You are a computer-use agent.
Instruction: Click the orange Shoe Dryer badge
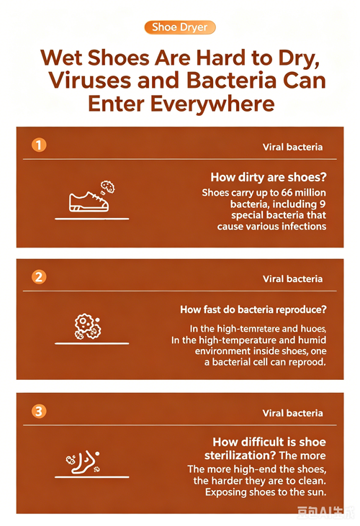(180, 27)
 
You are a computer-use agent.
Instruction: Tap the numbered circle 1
(39, 145)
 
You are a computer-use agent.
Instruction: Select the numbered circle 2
(39, 277)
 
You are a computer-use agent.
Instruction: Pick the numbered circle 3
(39, 411)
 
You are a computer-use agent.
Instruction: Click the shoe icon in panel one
(89, 201)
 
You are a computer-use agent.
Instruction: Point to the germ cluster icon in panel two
(87, 326)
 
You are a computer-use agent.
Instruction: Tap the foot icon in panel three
(84, 462)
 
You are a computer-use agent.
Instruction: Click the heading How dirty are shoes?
(269, 177)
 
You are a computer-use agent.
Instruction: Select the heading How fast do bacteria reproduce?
(253, 309)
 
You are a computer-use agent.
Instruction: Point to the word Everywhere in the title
(212, 104)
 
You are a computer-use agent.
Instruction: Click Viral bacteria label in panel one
(292, 147)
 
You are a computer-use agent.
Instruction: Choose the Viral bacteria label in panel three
(292, 413)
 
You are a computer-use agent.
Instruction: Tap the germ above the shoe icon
(108, 187)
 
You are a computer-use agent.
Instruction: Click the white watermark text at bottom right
(325, 512)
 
